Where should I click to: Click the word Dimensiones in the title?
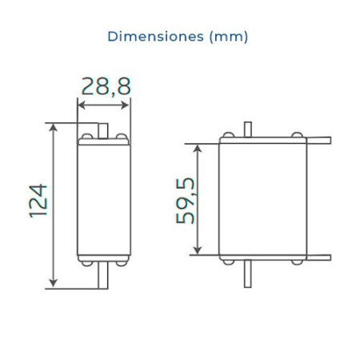pos(143,37)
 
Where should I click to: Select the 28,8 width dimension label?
pos(106,86)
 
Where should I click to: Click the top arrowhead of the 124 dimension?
pos(54,127)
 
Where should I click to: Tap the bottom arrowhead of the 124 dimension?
pos(54,282)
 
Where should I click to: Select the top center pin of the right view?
pos(249,128)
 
